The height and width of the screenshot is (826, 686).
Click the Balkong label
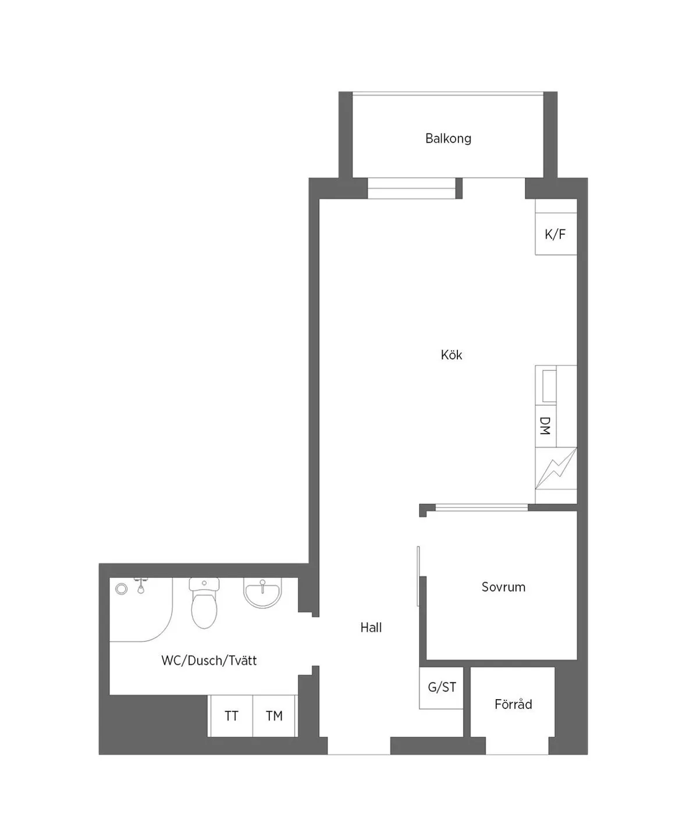448,139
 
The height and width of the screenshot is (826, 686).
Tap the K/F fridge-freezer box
556,233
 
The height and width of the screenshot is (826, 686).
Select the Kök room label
451,354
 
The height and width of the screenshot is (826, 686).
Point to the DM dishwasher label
545,426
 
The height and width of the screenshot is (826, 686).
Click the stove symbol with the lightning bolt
556,469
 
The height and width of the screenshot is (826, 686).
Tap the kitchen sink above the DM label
549,386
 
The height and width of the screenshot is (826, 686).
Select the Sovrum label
503,587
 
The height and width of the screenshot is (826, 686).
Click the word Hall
371,628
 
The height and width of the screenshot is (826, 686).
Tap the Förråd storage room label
513,704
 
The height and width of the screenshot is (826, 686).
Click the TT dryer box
232,715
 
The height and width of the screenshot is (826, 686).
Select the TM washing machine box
274,715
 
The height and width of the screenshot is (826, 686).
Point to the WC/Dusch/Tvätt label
209,660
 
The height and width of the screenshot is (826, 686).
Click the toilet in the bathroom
204,602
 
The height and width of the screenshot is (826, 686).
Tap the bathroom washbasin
262,592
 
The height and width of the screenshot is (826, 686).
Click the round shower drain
122,589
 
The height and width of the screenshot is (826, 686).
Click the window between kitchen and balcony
411,188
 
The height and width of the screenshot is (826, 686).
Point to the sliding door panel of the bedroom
418,576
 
